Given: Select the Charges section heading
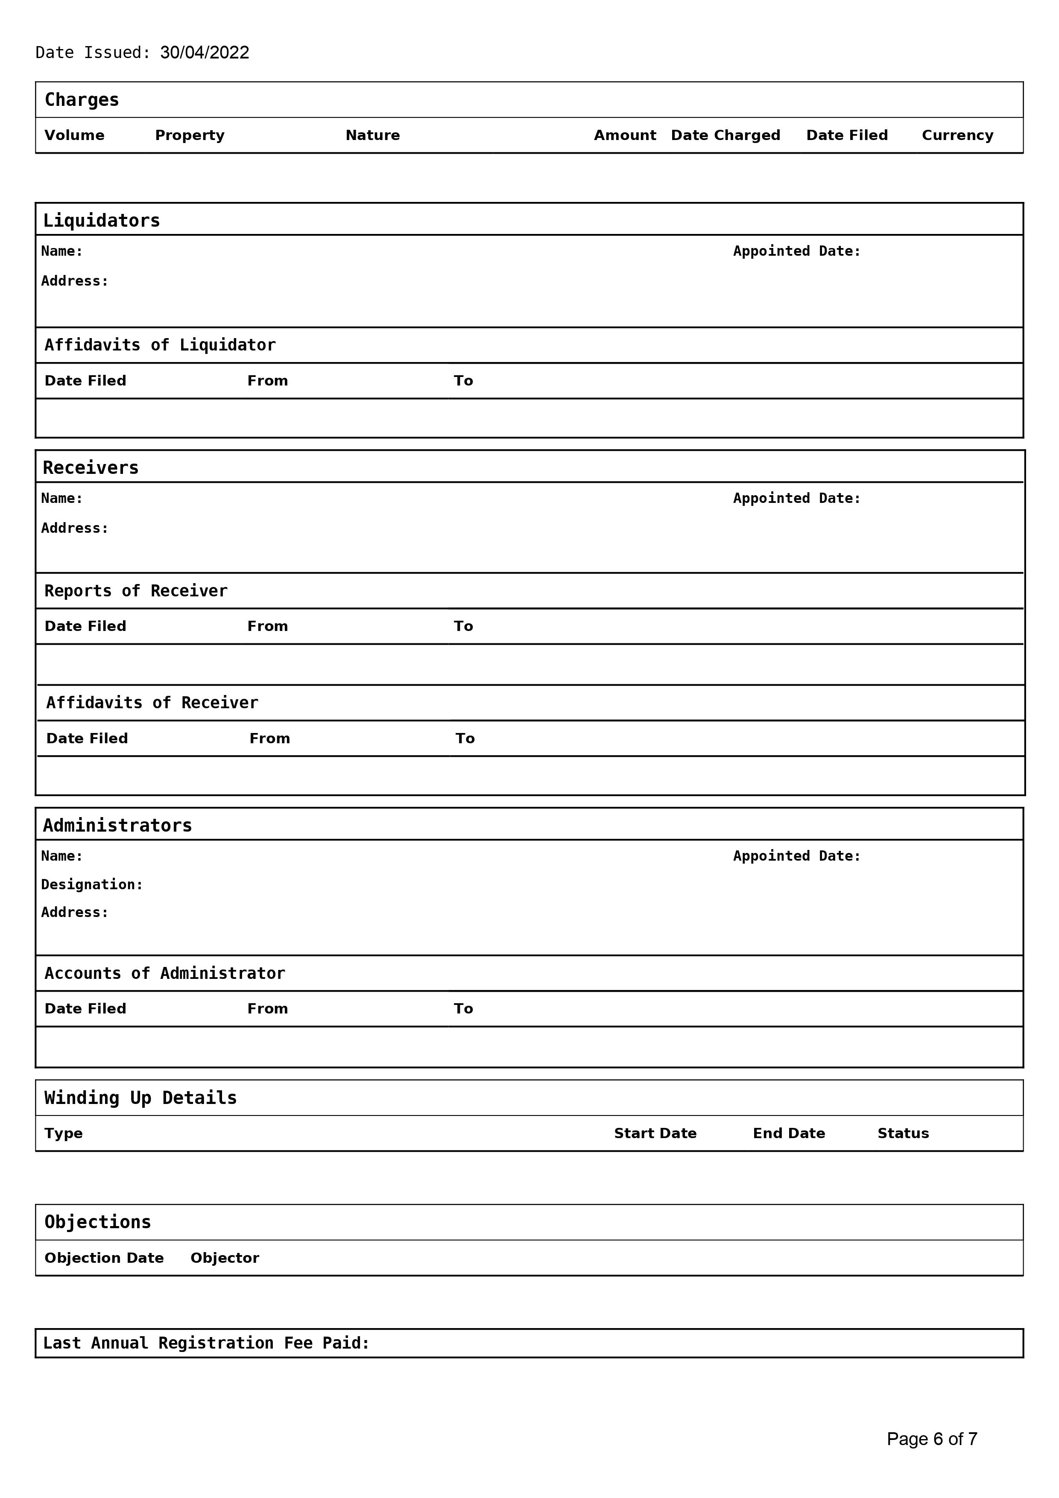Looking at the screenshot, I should click(x=82, y=100).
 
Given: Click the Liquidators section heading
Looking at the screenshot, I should click(x=101, y=221).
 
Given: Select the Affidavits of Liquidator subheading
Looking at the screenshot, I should click(x=160, y=345).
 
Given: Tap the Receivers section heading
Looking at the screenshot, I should click(x=91, y=468).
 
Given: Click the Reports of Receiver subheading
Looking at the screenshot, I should click(x=136, y=591).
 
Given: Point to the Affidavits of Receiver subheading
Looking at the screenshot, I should click(x=152, y=703).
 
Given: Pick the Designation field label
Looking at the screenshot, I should click(x=92, y=885).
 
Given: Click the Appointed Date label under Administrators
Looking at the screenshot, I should click(x=797, y=856).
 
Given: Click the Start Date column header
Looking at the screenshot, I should click(x=655, y=1133).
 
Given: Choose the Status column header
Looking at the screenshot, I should click(x=903, y=1133).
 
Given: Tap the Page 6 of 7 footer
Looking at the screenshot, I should click(x=932, y=1439).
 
